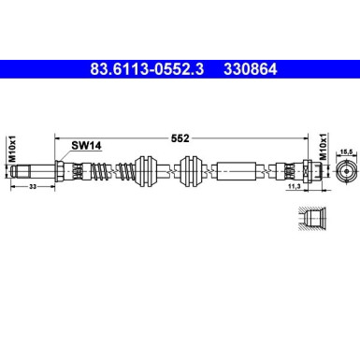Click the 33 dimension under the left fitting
34,188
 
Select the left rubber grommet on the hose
146,172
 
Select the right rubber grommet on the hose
191,172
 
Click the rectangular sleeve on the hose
234,172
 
